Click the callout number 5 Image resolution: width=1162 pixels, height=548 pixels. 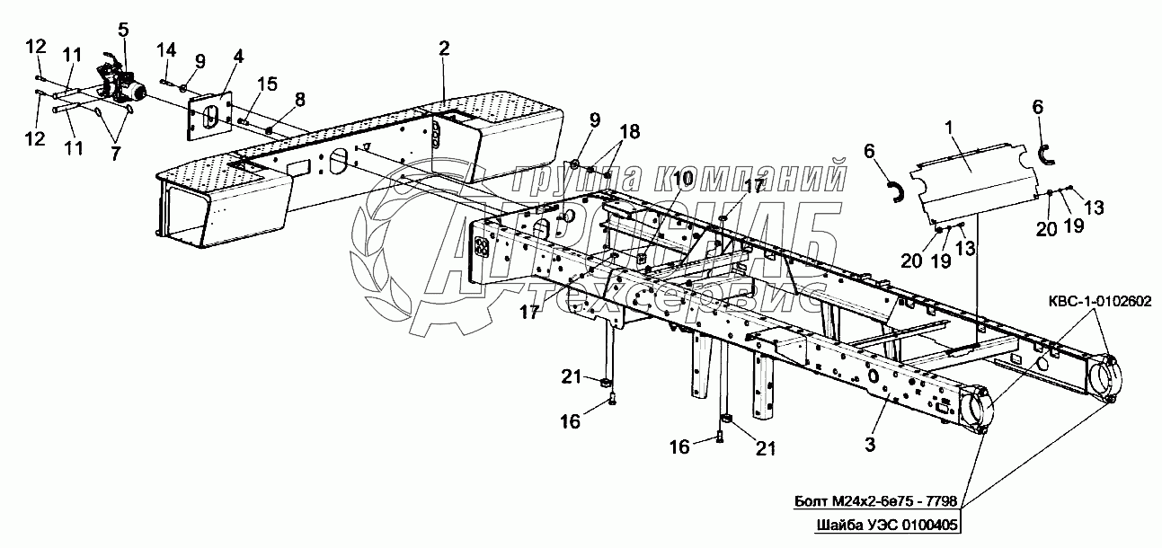point(123,30)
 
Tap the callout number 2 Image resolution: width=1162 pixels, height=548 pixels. point(444,49)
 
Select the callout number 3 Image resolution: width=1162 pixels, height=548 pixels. point(870,445)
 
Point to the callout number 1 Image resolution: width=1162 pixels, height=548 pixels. point(949,128)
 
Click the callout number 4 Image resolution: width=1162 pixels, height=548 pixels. point(238,56)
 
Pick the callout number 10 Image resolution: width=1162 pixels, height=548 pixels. point(683,179)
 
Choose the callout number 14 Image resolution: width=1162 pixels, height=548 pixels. point(166,50)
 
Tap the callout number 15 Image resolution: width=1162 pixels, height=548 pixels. point(268,84)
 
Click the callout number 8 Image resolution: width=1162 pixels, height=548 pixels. point(300,100)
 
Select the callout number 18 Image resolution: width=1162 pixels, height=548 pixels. point(630,132)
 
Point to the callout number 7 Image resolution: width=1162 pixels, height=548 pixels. point(115,153)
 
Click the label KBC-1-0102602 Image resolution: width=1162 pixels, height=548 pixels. point(1100,301)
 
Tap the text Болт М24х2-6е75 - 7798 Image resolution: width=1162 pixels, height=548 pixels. point(876,501)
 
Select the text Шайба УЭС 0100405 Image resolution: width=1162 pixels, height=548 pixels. point(887,526)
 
